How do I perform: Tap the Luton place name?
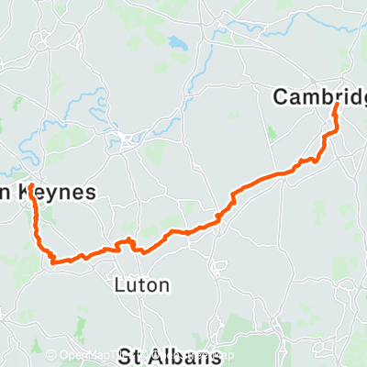coord(144,285)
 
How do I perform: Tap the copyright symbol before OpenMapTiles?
coord(51,355)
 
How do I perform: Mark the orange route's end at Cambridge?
coord(336,106)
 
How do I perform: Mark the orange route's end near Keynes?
coord(30,186)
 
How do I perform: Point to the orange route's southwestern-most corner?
coord(54,262)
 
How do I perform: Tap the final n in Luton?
coord(163,285)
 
